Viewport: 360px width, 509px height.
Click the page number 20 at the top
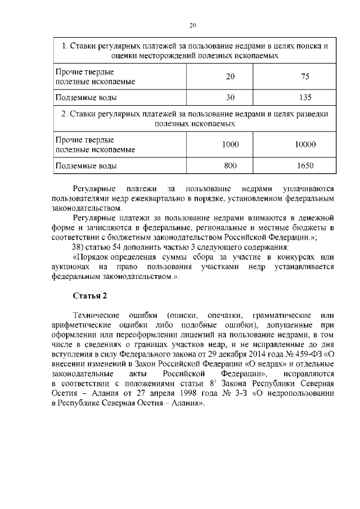pyautogui.click(x=192, y=25)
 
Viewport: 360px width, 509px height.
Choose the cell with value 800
pyautogui.click(x=230, y=165)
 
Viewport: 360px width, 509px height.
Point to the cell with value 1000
pyautogui.click(x=230, y=145)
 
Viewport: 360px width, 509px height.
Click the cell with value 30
pyautogui.click(x=230, y=97)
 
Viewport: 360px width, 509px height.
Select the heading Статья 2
pyautogui.click(x=89, y=296)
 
